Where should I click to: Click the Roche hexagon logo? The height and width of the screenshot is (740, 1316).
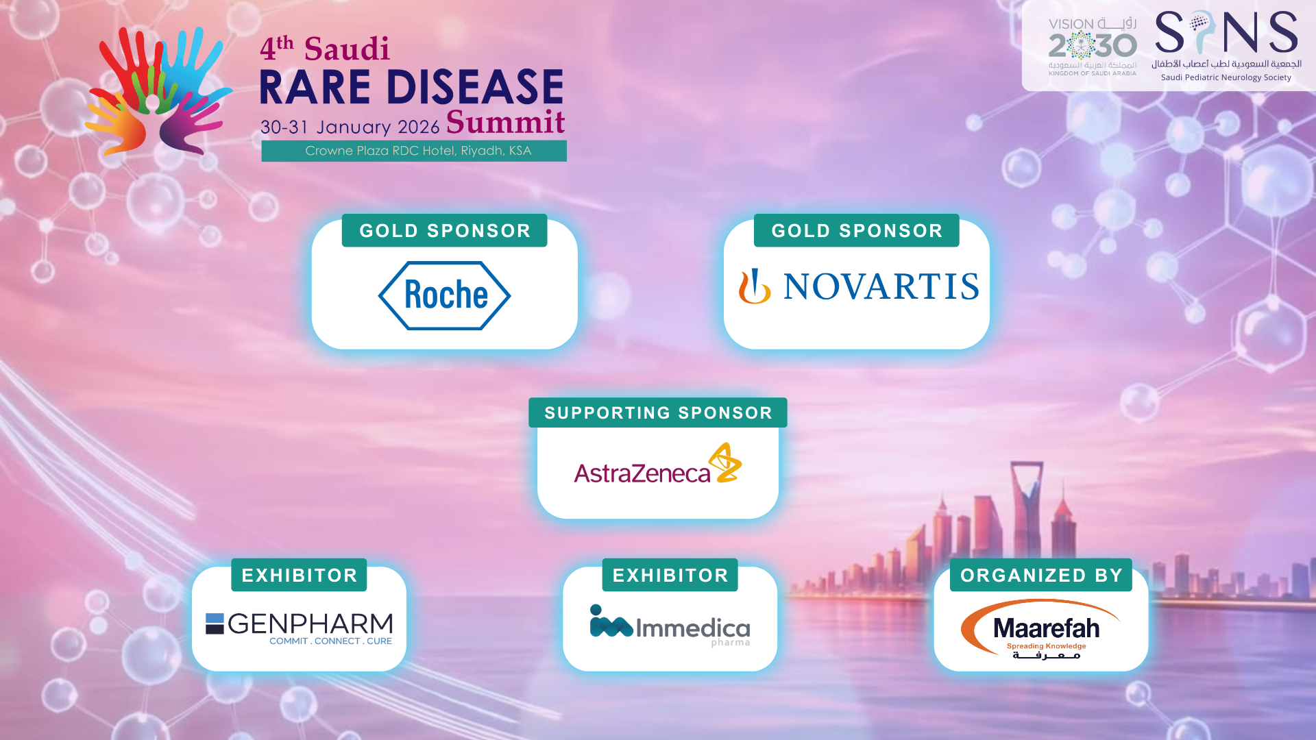coord(444,295)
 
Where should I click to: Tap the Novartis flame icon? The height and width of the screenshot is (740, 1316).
coord(755,286)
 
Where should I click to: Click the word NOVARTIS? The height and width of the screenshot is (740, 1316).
coord(881,286)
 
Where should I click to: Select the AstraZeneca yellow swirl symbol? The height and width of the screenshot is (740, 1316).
coord(725,463)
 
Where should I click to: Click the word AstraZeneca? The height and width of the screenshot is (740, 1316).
coord(642,473)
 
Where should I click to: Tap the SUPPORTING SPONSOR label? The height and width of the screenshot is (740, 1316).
coord(658,412)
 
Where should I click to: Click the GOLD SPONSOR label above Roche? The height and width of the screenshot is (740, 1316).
coord(445,230)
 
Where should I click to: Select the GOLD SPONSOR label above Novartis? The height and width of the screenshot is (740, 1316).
coord(857,230)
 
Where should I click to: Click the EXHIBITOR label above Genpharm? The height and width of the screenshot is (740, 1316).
coord(299,575)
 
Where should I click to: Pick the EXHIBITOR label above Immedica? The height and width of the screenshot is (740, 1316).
coord(670,575)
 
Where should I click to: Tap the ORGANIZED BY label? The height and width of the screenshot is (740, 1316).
coord(1041,575)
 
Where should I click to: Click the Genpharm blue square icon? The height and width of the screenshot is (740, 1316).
coord(215,624)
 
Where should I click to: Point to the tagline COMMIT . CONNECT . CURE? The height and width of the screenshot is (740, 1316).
coord(330,641)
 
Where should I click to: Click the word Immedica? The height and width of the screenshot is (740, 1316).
coord(693,628)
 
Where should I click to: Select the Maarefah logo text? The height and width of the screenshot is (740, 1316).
coord(1047,628)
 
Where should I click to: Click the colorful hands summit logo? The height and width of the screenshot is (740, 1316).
coord(159,91)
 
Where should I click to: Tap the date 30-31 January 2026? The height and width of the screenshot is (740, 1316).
coord(350,127)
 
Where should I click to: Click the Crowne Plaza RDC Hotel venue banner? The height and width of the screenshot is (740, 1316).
coord(414,151)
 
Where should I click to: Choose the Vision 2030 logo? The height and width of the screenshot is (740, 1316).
coord(1093,47)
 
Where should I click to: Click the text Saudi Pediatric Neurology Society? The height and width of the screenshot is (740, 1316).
coord(1226,77)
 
